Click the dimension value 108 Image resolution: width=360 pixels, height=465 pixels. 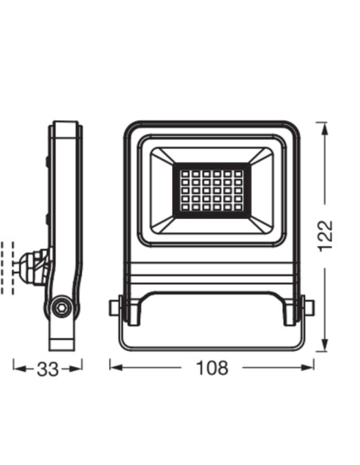tap(212, 368)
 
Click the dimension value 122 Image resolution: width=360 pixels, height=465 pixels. tap(325, 236)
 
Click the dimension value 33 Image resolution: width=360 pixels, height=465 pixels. tap(48, 369)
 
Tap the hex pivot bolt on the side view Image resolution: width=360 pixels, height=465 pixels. tap(61, 308)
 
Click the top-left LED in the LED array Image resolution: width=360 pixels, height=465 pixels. tap(186, 173)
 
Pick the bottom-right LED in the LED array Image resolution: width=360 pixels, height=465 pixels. tap(238, 207)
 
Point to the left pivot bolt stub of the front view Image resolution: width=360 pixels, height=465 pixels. tap(114, 308)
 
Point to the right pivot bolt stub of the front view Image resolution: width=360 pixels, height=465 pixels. tap(309, 308)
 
